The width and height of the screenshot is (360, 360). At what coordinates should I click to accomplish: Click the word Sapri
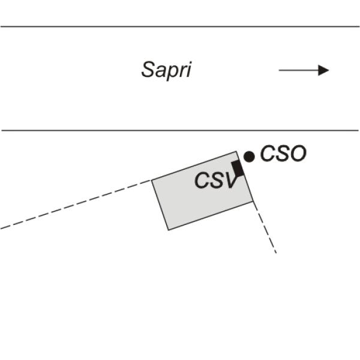click(166, 70)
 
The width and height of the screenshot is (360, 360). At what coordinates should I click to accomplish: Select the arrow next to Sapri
click(304, 70)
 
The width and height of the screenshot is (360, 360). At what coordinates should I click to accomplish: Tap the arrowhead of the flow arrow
click(323, 70)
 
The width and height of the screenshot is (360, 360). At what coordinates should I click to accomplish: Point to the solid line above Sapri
click(180, 26)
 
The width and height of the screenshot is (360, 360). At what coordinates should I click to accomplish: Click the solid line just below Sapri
click(180, 130)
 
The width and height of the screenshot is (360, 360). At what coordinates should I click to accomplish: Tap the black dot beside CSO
click(249, 157)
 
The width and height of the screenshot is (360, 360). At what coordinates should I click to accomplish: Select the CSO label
click(283, 154)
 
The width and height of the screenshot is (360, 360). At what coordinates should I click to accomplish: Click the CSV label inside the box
click(215, 181)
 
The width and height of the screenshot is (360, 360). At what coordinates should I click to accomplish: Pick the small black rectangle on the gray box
click(238, 169)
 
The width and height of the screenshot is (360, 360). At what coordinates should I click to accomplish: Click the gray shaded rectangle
click(203, 191)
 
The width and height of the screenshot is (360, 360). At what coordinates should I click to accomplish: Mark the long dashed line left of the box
click(76, 205)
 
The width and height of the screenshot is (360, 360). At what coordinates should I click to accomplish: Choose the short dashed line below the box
click(265, 227)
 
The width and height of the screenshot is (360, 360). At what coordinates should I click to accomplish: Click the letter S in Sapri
click(148, 70)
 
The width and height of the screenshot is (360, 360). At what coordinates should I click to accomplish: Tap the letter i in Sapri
click(189, 70)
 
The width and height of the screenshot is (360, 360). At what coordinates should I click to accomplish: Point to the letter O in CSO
click(298, 154)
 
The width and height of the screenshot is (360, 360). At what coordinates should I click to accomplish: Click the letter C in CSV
click(202, 181)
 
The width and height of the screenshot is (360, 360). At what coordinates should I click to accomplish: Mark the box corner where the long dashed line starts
click(152, 180)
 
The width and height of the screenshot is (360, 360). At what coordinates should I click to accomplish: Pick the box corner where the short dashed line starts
click(253, 202)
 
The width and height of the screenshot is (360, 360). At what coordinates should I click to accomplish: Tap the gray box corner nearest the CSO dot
click(236, 151)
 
